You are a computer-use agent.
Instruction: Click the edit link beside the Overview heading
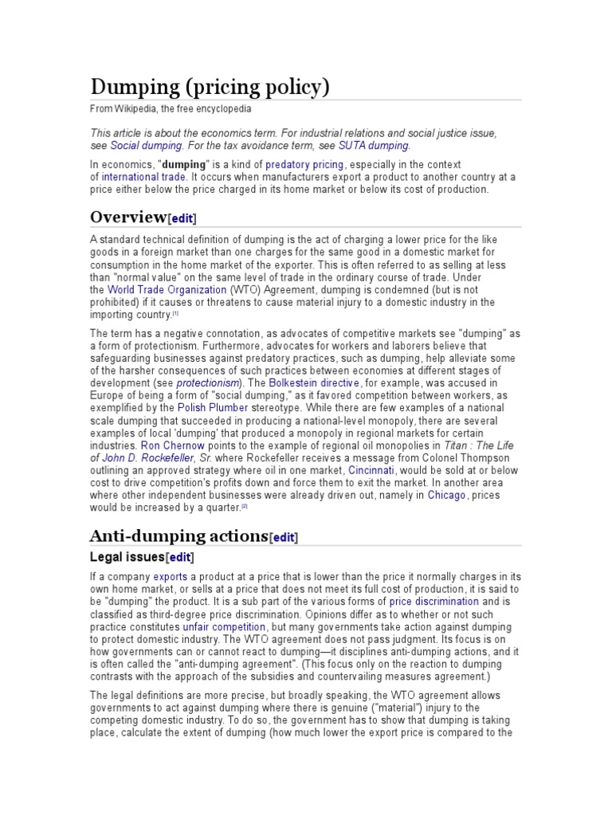pyautogui.click(x=182, y=218)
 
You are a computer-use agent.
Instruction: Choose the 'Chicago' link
pyautogui.click(x=446, y=495)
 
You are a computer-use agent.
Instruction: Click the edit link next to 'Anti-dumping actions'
pyautogui.click(x=284, y=538)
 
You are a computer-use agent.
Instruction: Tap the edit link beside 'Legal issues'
pyautogui.click(x=179, y=557)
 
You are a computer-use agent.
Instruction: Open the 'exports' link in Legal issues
pyautogui.click(x=171, y=577)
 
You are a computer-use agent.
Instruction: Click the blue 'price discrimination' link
pyautogui.click(x=433, y=602)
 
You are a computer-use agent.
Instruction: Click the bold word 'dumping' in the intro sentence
pyautogui.click(x=184, y=164)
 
